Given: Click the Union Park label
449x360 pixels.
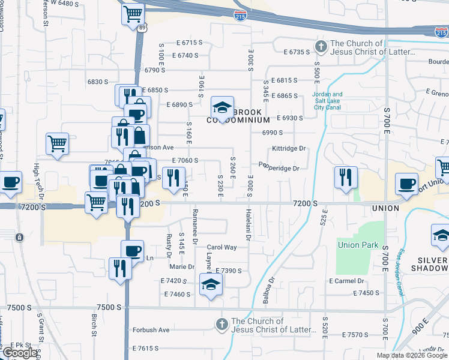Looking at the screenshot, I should click(357, 245).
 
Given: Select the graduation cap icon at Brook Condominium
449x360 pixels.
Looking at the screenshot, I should click(222, 108).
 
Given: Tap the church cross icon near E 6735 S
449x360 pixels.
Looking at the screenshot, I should click(321, 47).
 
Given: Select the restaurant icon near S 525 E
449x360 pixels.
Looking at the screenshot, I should click(346, 178).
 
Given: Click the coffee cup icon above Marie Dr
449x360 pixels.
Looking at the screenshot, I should click(132, 251).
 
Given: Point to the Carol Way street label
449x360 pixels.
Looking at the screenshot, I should click(222, 247).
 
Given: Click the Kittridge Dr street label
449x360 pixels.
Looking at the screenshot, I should click(289, 148).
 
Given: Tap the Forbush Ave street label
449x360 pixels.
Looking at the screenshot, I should click(151, 330).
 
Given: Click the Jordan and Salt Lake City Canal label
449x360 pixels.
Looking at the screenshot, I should click(328, 101).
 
